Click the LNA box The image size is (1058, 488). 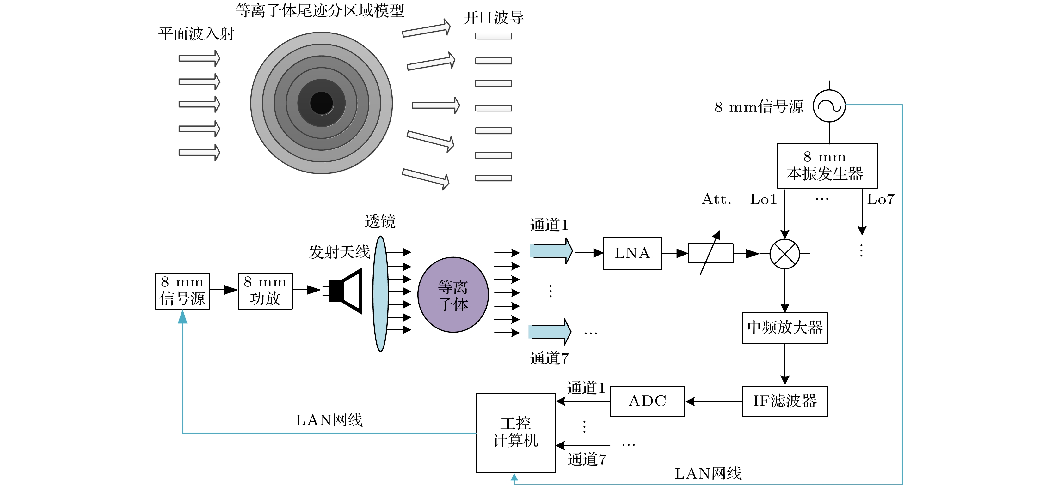(x=632, y=253)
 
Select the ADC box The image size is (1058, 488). (x=647, y=401)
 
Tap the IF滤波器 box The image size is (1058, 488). (x=784, y=401)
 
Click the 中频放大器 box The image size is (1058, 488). (x=784, y=328)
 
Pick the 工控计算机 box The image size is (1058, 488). (x=515, y=432)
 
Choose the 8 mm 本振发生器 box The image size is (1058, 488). (x=827, y=166)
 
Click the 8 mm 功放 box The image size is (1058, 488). (x=265, y=291)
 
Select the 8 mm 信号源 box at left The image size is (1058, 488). (x=182, y=291)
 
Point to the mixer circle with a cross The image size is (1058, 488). (x=784, y=254)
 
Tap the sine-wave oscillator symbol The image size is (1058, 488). (x=829, y=106)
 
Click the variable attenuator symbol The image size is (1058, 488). (x=710, y=253)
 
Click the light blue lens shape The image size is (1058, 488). (x=381, y=293)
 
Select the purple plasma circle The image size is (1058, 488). (x=453, y=294)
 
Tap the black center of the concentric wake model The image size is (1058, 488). (x=322, y=103)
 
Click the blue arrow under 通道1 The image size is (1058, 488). (x=551, y=250)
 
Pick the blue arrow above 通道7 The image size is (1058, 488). (x=550, y=331)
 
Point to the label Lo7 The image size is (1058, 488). (x=881, y=200)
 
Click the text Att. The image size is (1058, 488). (x=716, y=200)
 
